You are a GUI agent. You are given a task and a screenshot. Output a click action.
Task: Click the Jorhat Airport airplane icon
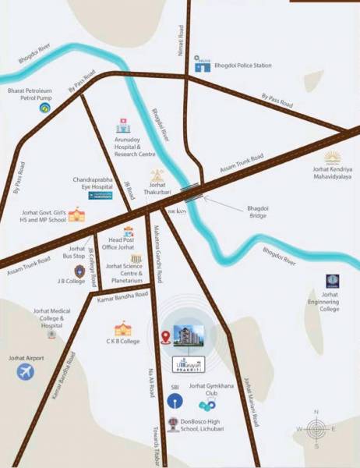[x=26, y=371]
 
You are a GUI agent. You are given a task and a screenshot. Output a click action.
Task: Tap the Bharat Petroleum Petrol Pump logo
[x=44, y=108]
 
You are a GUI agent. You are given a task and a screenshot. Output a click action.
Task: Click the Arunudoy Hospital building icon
[x=122, y=126]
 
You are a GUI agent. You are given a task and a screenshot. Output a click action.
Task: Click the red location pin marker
[x=165, y=338]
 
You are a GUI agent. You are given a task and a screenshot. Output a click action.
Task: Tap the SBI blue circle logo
[x=174, y=401]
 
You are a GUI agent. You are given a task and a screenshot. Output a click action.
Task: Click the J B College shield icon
[x=79, y=271]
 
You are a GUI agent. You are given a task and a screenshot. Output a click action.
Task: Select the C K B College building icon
[x=122, y=328]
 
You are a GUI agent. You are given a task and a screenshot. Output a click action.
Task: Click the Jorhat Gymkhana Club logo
[x=207, y=406]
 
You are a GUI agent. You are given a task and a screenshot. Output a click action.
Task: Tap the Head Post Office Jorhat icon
[x=129, y=232]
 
